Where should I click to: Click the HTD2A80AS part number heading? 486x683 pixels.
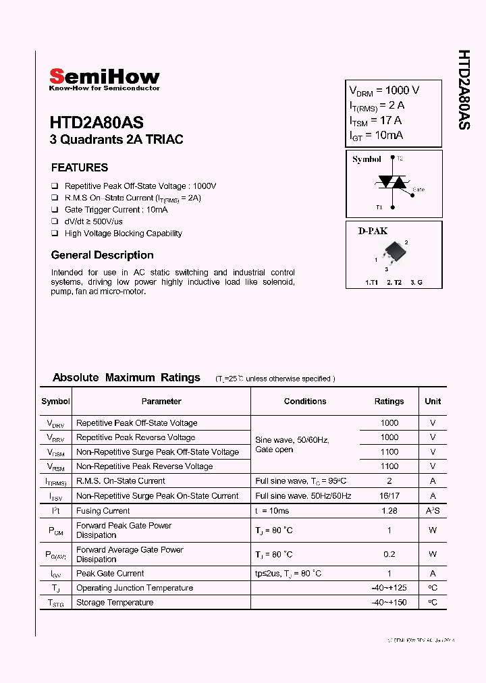[x=96, y=123]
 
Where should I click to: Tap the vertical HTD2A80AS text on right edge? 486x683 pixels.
[x=464, y=89]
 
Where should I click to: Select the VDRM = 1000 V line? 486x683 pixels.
[x=383, y=90]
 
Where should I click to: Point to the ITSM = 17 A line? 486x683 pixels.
[x=375, y=121]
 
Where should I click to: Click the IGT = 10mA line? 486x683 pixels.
[x=376, y=136]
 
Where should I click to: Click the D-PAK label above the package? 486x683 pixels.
[x=373, y=231]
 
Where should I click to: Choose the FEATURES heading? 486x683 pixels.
[x=80, y=167]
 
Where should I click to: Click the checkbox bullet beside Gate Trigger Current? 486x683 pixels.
[x=55, y=210]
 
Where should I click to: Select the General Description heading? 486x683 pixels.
[x=102, y=255]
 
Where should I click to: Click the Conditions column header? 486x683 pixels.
[x=305, y=402]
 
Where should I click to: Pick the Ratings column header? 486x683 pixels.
[x=389, y=402]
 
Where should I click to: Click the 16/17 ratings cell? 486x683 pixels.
[x=389, y=496]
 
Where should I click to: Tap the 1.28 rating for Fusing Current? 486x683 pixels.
[x=389, y=511]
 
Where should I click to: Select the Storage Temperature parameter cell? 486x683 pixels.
[x=115, y=603]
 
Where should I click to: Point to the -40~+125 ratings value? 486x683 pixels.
[x=389, y=588]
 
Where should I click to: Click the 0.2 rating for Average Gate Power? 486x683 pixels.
[x=389, y=554]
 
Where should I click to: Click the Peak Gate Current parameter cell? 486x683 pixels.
[x=110, y=574]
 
